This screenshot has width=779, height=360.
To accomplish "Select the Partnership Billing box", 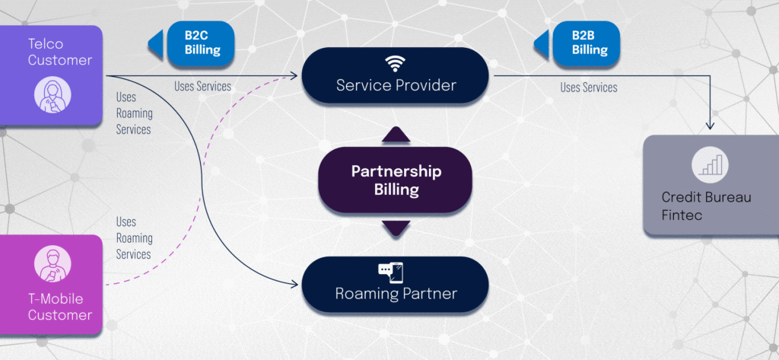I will [396, 180].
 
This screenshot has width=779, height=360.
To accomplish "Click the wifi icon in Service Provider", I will [396, 62].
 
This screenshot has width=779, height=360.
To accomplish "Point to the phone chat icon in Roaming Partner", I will [390, 271].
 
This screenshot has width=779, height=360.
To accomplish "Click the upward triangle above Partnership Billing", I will [396, 135].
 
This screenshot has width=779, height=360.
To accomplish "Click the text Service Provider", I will [396, 85].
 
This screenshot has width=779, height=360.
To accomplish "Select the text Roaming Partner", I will [396, 294].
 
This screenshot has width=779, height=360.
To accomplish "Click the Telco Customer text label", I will [60, 52].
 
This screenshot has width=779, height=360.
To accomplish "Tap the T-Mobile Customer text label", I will [60, 306].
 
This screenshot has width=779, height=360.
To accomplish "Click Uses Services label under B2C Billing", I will [202, 87].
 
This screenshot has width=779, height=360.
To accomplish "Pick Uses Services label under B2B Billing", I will [589, 88].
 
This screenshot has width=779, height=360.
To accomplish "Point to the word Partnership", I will [396, 171].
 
